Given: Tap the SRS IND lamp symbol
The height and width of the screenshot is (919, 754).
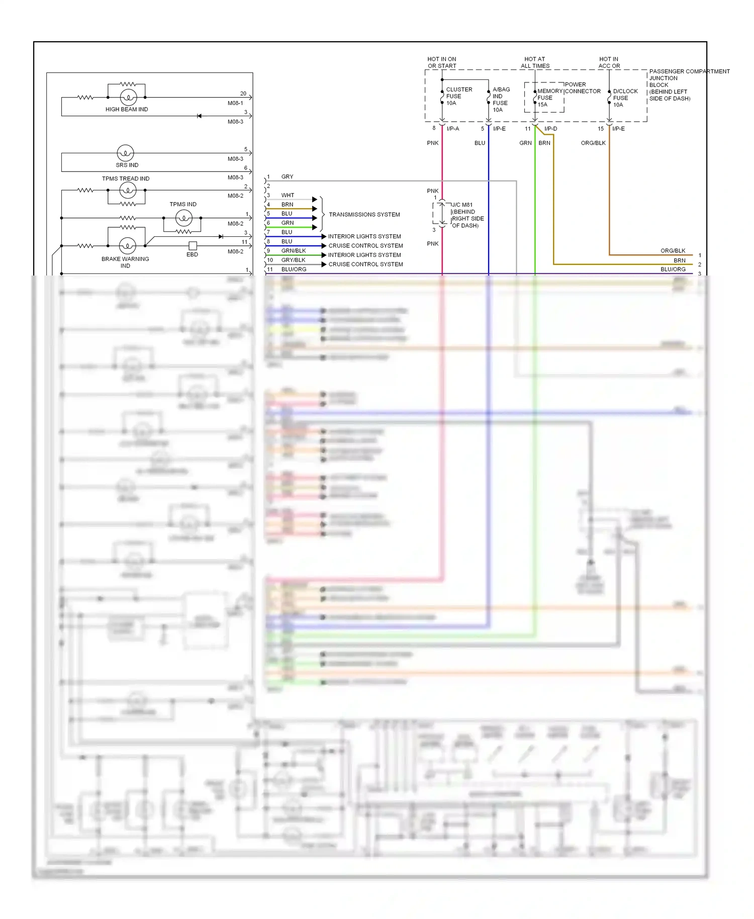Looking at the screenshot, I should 125,152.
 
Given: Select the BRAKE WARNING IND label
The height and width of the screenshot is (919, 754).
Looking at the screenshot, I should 125,262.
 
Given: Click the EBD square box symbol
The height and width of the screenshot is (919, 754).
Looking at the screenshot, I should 193,246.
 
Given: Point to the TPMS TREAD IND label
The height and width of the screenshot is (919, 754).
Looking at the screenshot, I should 126,178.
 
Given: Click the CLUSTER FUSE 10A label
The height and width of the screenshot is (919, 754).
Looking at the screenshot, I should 458,96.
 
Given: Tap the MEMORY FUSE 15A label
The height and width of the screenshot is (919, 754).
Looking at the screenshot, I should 547,98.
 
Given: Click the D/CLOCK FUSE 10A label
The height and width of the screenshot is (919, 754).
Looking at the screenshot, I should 624,98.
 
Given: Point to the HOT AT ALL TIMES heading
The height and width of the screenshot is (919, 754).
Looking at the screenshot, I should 535,62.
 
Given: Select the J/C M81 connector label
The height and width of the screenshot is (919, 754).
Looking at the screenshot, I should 467,215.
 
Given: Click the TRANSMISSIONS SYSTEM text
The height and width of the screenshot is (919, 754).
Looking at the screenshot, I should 364,214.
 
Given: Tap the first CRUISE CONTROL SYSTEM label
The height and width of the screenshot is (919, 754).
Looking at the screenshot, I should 365,245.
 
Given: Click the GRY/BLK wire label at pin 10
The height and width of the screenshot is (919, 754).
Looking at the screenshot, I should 293,260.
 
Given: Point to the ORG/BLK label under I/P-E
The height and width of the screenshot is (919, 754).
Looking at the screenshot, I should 593,143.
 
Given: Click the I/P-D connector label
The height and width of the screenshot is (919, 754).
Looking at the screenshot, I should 550,129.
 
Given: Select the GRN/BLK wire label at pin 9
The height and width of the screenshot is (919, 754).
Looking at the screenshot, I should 293,250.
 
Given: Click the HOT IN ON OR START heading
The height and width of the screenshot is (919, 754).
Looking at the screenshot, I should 442,62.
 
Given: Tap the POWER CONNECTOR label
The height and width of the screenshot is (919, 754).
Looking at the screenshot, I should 582,87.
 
